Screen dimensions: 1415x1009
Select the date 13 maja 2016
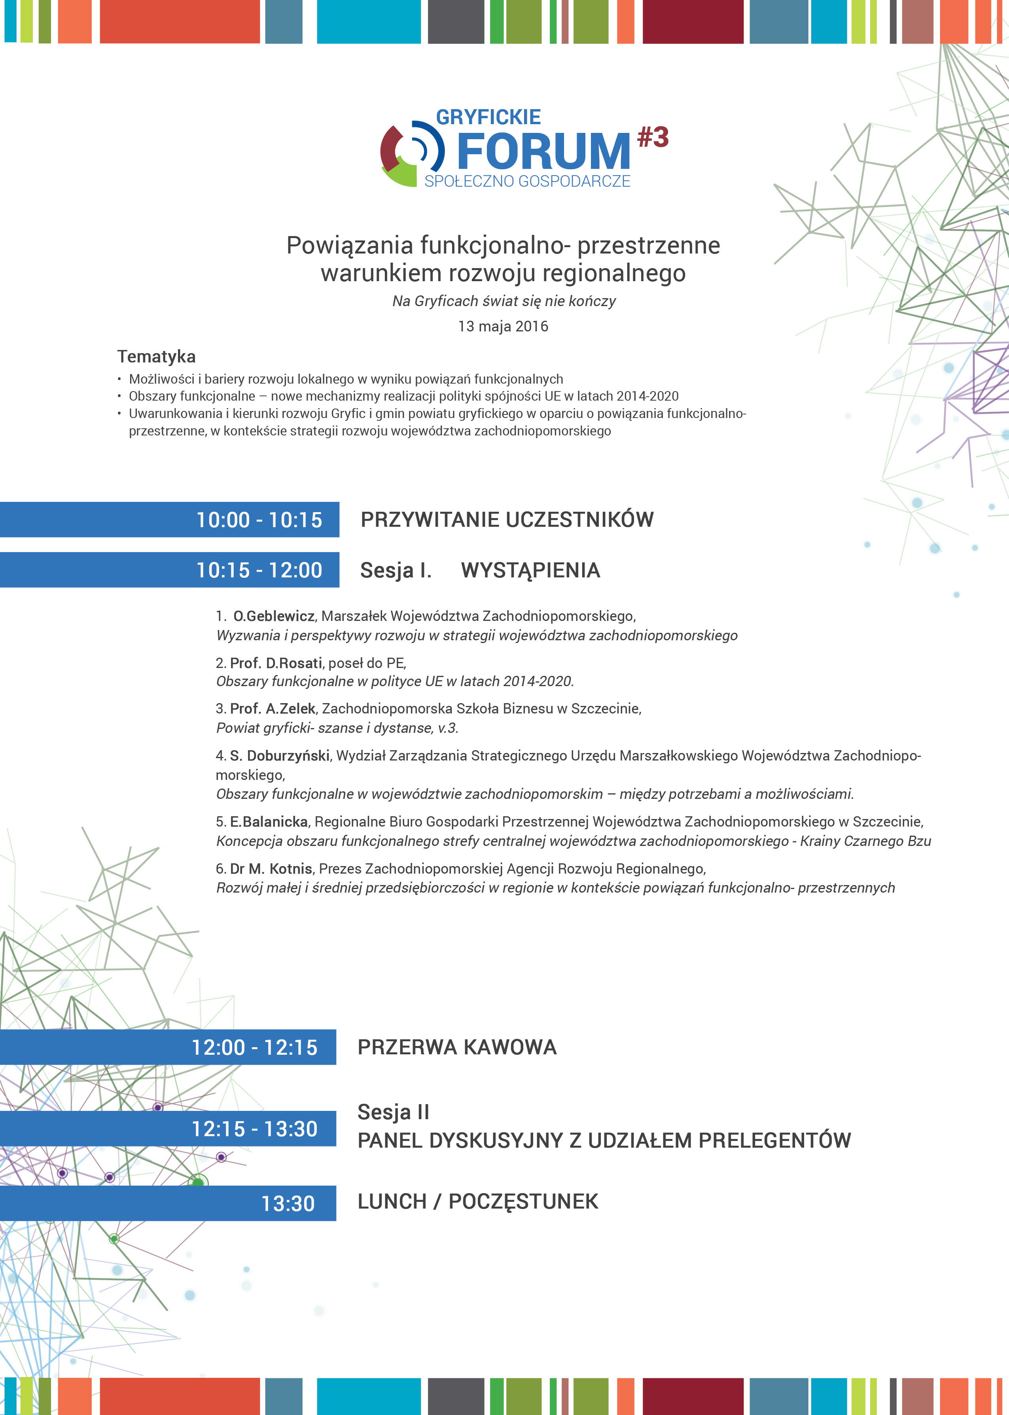click(503, 326)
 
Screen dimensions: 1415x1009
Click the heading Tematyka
click(157, 357)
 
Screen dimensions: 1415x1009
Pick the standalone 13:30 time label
click(288, 1204)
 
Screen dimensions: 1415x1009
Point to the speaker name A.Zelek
click(291, 709)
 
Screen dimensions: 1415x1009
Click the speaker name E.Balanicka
click(269, 822)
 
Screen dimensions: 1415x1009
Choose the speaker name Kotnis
click(291, 868)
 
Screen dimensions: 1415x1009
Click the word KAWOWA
click(510, 1047)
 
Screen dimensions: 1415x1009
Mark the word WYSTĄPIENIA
click(530, 570)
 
